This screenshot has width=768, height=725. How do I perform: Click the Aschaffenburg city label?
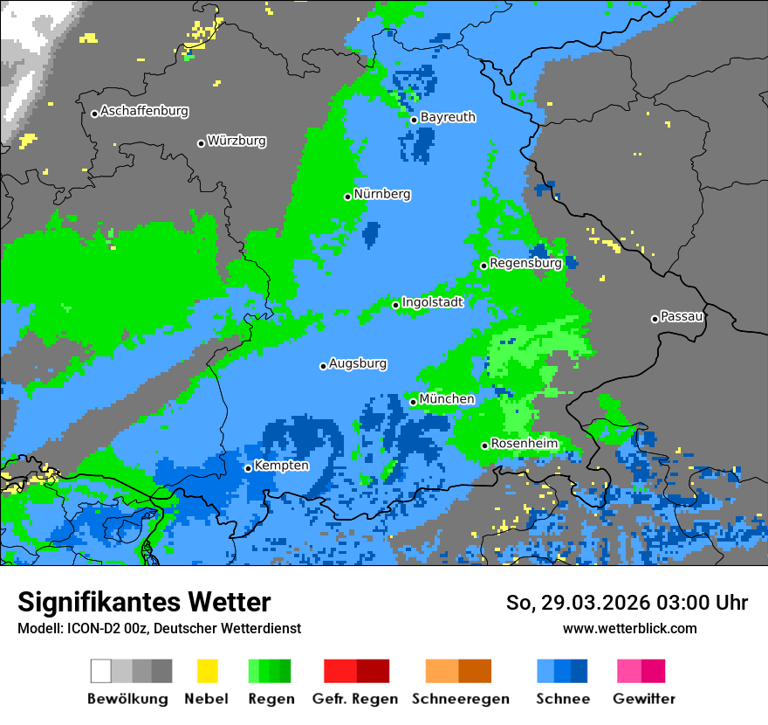click(144, 112)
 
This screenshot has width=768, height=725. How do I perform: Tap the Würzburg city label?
click(237, 141)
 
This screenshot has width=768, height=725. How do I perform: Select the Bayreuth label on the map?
click(448, 117)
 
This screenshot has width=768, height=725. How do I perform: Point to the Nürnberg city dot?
click(347, 197)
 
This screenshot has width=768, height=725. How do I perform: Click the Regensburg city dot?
click(483, 266)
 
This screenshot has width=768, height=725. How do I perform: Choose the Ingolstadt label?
click(432, 302)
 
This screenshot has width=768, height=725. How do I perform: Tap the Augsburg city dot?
click(323, 366)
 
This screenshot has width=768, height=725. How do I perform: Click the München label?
click(447, 399)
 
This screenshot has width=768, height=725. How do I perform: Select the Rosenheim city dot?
click(484, 445)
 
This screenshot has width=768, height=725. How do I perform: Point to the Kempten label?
click(281, 466)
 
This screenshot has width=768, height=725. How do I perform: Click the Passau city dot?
click(655, 319)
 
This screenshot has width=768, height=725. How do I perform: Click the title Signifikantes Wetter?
click(144, 602)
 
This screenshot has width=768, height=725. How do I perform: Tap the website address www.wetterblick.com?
click(629, 629)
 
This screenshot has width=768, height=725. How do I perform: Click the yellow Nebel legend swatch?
click(207, 671)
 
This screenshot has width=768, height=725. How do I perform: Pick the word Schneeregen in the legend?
click(460, 699)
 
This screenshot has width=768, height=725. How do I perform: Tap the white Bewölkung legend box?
click(101, 671)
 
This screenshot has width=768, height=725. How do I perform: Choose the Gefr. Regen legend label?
click(355, 699)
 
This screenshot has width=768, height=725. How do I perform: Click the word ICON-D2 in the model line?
click(87, 629)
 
